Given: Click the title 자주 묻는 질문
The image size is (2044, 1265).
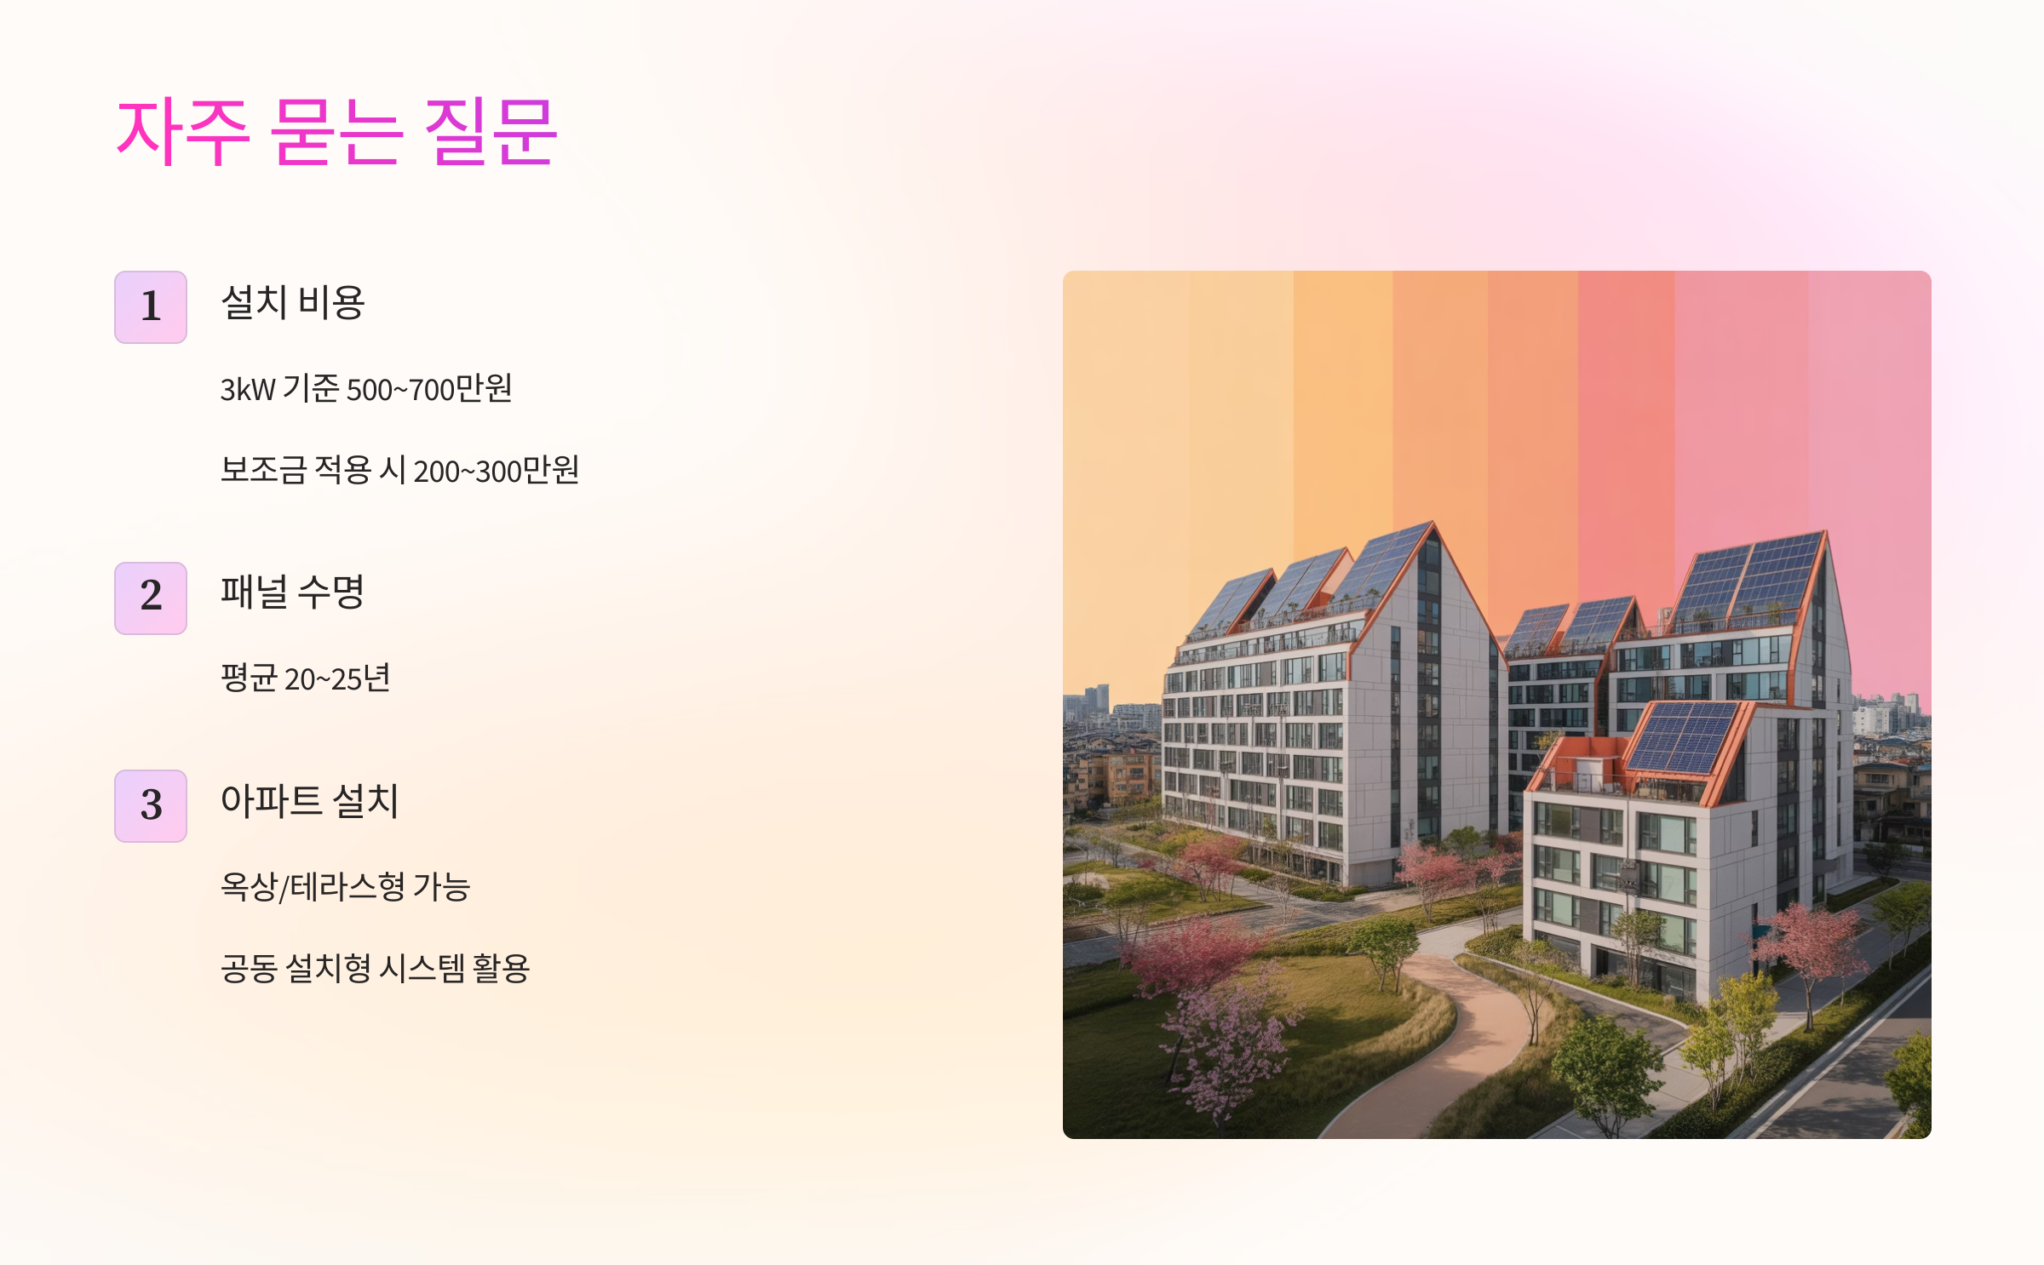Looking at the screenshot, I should coord(336,132).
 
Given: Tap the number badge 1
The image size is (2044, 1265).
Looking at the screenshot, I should coord(151,307).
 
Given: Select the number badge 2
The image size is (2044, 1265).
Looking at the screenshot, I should coord(151,598).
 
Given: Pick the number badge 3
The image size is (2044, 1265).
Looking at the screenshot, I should coord(151,805).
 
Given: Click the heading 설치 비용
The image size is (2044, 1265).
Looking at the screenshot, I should coord(292,303).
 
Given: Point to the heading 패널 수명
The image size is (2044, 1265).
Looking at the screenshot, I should coord(292,592).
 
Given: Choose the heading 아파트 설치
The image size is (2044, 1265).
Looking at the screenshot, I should coord(309,801).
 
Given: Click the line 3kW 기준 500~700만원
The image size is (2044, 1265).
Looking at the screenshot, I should coord(366,389).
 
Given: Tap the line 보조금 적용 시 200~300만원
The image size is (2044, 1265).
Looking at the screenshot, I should coord(399,470).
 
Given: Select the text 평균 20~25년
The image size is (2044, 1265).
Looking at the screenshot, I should coord(305,678).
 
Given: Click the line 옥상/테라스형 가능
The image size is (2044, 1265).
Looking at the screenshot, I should coord(345,887).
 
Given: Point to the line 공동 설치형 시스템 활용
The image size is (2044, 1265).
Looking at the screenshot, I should coord(375,968).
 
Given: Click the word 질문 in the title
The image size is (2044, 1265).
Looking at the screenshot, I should coord(490,132).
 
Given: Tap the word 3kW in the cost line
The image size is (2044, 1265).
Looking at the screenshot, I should coord(248,390).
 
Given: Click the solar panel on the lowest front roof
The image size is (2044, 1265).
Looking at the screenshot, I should coord(1682,736).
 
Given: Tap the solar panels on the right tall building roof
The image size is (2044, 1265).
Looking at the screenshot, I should coord(1746,579).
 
